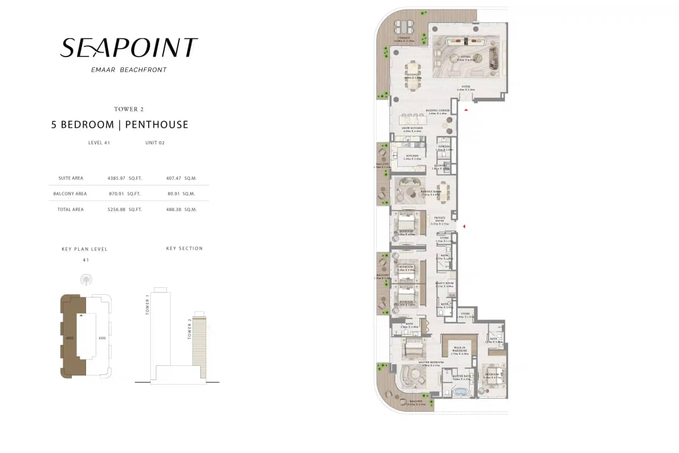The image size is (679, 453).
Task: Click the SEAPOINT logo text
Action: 129,48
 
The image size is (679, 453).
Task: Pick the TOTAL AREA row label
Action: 71,209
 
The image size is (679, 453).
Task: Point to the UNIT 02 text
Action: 155,143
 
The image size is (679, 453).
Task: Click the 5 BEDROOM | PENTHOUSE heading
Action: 119,124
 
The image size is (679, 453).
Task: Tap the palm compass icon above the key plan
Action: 86,280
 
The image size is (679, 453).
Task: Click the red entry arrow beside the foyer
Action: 466,110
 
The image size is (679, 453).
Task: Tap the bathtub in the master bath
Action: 461,391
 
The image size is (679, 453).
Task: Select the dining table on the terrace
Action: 406,27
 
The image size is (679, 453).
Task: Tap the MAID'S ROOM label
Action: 445,284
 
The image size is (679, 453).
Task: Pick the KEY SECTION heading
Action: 184,248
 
